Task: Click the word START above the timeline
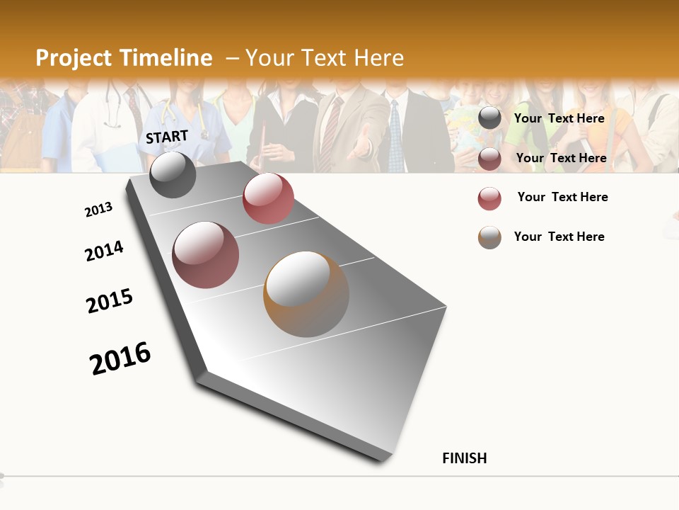click(x=167, y=137)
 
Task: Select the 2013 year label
click(x=98, y=210)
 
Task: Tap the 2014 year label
click(x=104, y=251)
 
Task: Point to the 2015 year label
click(x=110, y=301)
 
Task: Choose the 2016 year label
click(x=120, y=358)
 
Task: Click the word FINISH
click(x=464, y=458)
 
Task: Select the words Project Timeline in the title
click(x=124, y=58)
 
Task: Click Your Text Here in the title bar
click(x=324, y=58)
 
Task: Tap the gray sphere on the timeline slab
click(x=173, y=174)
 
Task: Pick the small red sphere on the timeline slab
click(x=268, y=198)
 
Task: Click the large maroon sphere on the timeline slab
click(x=205, y=254)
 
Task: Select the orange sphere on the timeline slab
click(x=306, y=293)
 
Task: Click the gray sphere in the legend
click(x=489, y=118)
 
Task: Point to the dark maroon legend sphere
click(x=489, y=159)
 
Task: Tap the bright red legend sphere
click(x=489, y=198)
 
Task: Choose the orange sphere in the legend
click(x=489, y=237)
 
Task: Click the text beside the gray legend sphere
click(x=559, y=118)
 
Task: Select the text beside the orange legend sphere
click(x=559, y=237)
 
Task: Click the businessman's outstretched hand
click(x=361, y=146)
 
